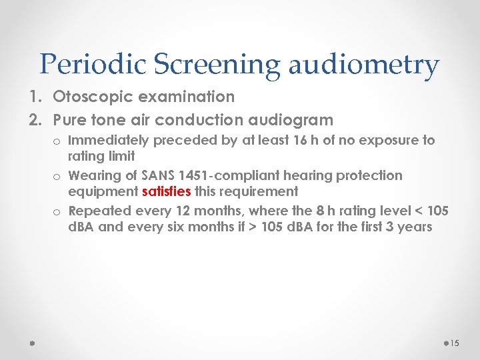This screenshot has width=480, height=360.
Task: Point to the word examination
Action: (187, 97)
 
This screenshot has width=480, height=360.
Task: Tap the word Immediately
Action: (110, 141)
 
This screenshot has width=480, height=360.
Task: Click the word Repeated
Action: (99, 211)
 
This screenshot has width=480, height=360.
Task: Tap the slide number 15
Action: (455, 343)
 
